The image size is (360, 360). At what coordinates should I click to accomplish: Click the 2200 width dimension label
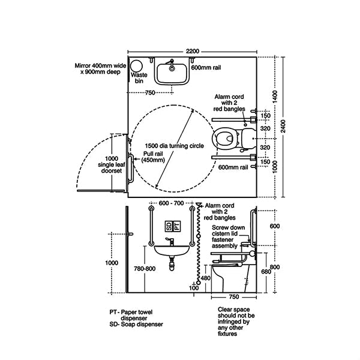[193, 51]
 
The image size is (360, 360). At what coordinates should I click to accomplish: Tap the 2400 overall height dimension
[284, 126]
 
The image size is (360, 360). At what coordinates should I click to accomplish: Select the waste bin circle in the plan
[136, 66]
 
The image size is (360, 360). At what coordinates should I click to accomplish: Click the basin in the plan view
[172, 71]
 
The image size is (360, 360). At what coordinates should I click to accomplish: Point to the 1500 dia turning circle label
[174, 146]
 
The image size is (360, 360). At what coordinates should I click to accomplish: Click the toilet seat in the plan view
[223, 139]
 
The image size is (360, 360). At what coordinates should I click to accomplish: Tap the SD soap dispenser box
[169, 226]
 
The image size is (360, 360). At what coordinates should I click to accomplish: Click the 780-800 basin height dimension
[145, 269]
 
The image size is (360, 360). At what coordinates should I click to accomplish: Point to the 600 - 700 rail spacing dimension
[171, 203]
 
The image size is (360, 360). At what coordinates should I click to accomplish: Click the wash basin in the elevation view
[172, 251]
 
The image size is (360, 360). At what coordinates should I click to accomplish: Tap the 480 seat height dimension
[205, 278]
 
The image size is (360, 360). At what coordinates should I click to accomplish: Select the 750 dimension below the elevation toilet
[234, 297]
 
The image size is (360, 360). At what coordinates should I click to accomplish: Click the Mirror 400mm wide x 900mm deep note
[101, 68]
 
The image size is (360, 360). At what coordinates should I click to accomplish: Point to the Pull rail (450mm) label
[153, 157]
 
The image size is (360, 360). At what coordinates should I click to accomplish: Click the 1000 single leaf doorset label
[112, 164]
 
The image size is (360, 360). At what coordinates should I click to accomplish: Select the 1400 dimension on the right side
[275, 97]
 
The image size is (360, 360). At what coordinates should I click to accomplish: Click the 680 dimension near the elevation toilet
[266, 272]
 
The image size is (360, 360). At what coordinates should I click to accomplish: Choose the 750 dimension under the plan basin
[150, 93]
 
